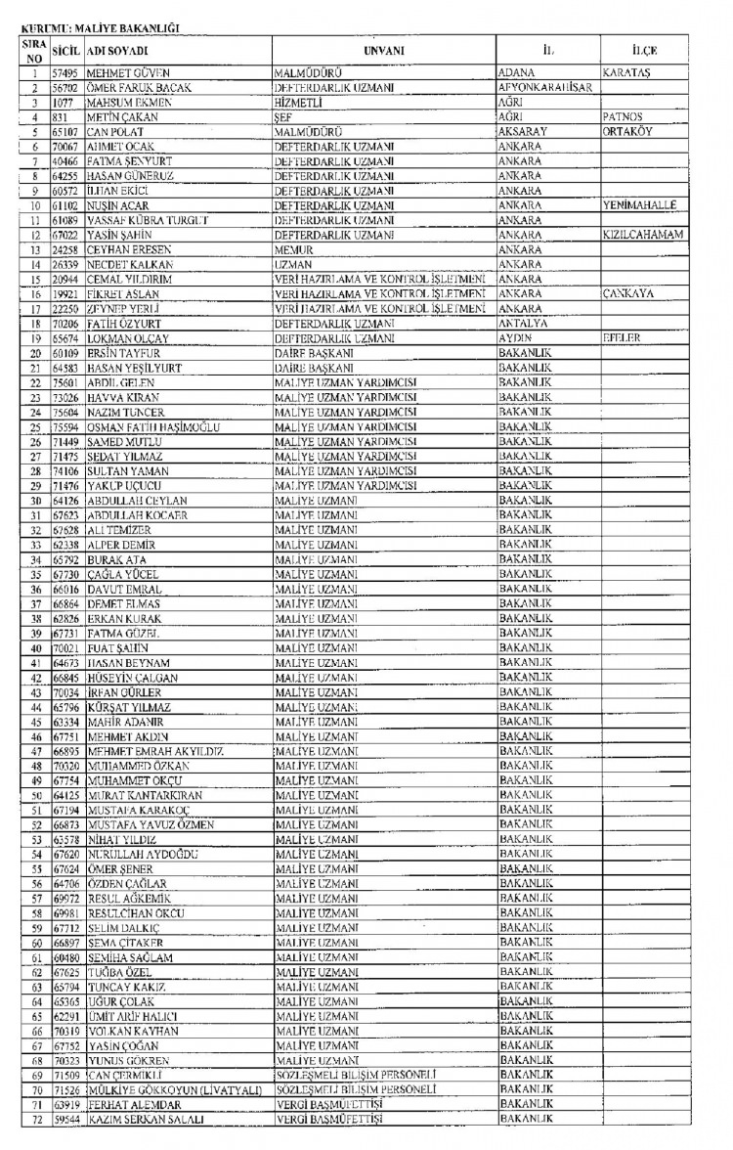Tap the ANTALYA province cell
[x=527, y=320]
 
